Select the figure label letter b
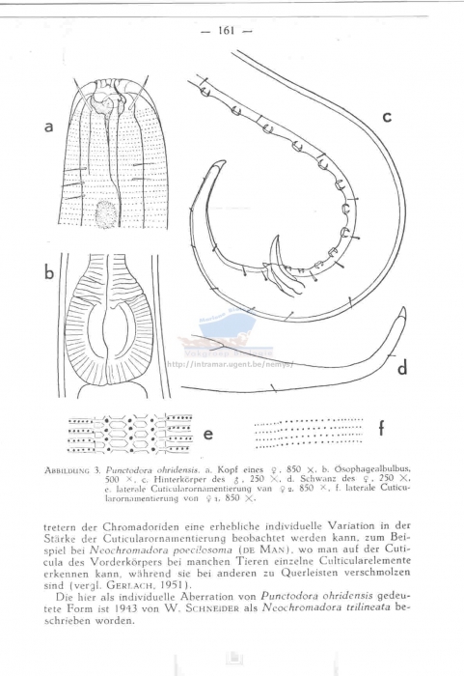tap(48, 273)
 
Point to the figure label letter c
tap(385, 117)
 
